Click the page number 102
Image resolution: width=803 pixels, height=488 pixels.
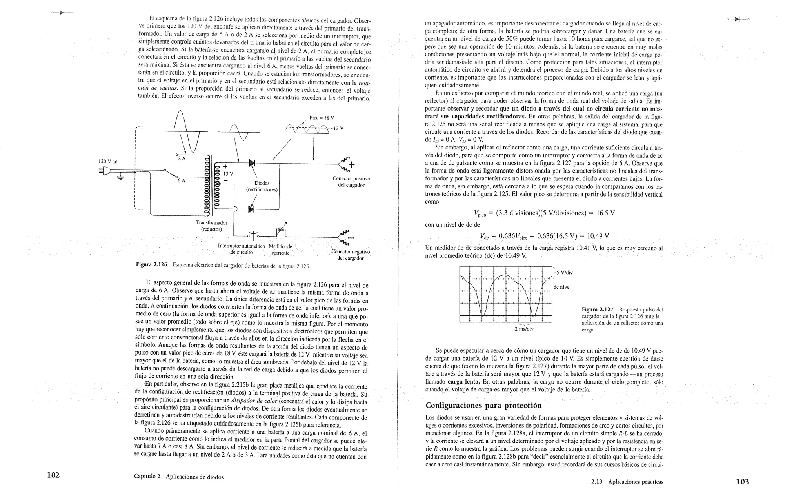point(53,475)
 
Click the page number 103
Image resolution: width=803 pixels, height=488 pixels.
point(742,482)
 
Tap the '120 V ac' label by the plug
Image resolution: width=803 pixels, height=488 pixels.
point(108,161)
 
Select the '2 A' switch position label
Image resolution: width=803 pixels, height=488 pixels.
point(182,158)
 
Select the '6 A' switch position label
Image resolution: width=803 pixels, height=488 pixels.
point(182,181)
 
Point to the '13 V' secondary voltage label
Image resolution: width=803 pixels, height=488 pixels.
point(228,173)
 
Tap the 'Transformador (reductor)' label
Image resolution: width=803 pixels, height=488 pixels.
point(211,226)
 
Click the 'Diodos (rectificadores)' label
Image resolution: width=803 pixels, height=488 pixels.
point(262,186)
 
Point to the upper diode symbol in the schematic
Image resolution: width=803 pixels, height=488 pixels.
point(251,163)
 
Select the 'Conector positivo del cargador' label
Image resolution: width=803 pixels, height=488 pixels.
point(351,182)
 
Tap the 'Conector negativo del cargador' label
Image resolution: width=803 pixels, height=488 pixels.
point(351,255)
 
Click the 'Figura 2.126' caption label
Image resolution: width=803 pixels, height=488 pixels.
point(151,265)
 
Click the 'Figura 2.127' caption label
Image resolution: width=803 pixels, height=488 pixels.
point(597,310)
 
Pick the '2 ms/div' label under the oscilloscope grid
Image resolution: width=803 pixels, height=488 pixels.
point(524,329)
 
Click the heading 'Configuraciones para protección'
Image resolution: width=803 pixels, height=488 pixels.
point(483,405)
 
